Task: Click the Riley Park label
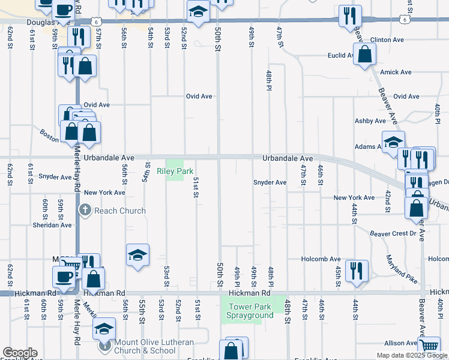tap(175, 171)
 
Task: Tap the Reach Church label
tap(120, 211)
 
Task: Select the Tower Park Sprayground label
tap(250, 311)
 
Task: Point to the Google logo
tap(20, 353)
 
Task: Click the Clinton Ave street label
tap(387, 40)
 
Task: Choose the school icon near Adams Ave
tap(393, 142)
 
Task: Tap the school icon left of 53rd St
tap(137, 255)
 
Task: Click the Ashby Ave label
tap(372, 121)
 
